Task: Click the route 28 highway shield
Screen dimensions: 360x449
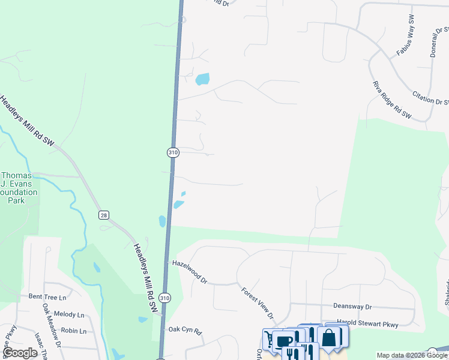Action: (104, 215)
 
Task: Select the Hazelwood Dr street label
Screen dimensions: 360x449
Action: (189, 272)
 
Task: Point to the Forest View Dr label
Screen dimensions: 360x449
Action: (258, 303)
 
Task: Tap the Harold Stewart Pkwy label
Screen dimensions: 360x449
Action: (367, 325)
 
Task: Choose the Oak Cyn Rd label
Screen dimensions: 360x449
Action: (185, 329)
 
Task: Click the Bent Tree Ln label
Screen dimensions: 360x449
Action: (47, 296)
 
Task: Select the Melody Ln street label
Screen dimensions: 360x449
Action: (69, 314)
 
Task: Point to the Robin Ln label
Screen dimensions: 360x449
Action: (74, 331)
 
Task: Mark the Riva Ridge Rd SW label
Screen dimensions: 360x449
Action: (391, 99)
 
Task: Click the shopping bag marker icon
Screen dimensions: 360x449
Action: (329, 337)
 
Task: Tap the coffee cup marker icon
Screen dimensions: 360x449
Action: (285, 341)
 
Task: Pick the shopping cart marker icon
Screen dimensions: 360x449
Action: (269, 340)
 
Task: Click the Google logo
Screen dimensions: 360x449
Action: (20, 353)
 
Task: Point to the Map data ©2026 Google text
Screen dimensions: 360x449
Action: (412, 355)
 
